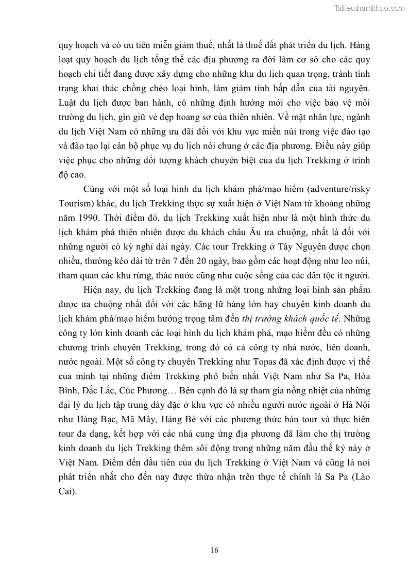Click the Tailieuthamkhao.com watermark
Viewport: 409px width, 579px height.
pyautogui.click(x=369, y=7)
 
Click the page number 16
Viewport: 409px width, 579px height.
pyautogui.click(x=214, y=550)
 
